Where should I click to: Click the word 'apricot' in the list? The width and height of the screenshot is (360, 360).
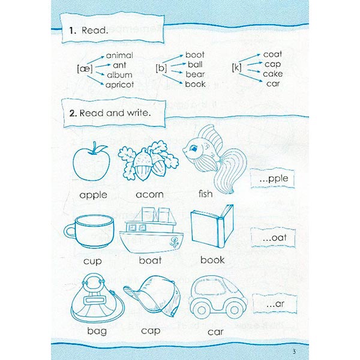click(x=119, y=85)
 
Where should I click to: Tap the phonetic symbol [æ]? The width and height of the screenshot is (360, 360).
click(x=85, y=68)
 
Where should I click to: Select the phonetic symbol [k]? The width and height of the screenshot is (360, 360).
click(x=236, y=67)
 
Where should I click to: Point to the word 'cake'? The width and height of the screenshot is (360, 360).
click(x=273, y=74)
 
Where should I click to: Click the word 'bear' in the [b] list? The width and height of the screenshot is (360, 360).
click(x=195, y=74)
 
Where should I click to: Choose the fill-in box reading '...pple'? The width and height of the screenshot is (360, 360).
click(x=272, y=178)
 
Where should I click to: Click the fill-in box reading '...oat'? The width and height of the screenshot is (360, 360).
click(x=273, y=238)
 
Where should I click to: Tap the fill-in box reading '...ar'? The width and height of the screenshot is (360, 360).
click(x=275, y=304)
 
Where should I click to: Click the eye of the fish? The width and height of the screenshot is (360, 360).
click(x=194, y=148)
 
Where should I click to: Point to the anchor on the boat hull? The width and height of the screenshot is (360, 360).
click(x=174, y=242)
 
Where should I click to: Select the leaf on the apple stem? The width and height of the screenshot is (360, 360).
click(x=101, y=149)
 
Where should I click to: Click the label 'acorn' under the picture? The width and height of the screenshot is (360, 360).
click(x=149, y=194)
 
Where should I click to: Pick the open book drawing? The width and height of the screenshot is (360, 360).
click(x=212, y=226)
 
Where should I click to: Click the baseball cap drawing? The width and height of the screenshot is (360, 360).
click(x=152, y=296)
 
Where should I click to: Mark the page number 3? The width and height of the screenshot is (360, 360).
click(x=294, y=351)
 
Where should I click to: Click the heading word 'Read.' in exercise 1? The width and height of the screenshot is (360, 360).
click(x=95, y=31)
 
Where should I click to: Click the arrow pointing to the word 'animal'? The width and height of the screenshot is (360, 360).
click(x=95, y=59)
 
